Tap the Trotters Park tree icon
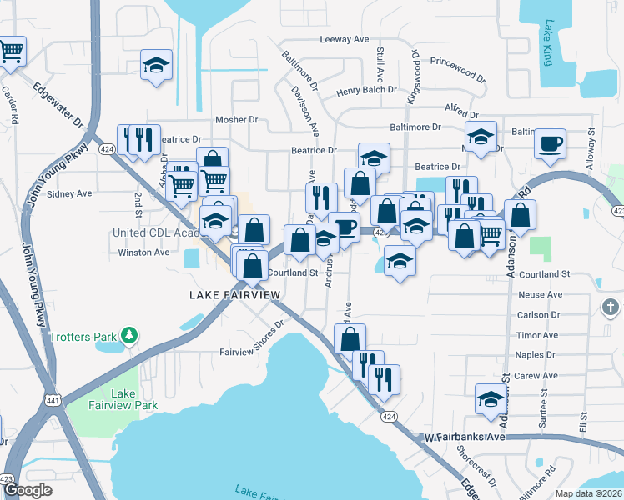[x=128, y=336]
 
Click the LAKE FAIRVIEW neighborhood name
[x=233, y=295]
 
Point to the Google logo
[x=28, y=490]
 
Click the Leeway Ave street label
[x=344, y=39]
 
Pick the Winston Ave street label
[x=144, y=252]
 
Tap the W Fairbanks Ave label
[x=465, y=437]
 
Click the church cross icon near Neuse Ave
[x=610, y=307]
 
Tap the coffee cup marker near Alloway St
[x=550, y=143]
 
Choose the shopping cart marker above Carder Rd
[x=11, y=51]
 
